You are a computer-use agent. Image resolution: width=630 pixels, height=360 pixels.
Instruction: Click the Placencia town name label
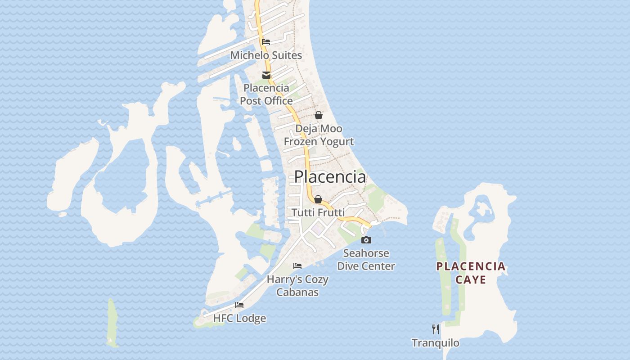coord(330,177)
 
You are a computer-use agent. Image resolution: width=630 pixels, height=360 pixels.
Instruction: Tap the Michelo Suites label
coord(266,55)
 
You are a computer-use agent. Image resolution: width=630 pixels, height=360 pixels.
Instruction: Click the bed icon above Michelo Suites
coord(266,42)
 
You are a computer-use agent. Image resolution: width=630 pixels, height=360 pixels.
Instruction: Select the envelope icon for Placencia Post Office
coord(266,75)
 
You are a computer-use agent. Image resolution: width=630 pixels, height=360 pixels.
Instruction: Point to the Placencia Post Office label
coord(266,94)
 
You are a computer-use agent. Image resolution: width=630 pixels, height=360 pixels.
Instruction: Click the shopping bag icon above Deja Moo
coord(319,115)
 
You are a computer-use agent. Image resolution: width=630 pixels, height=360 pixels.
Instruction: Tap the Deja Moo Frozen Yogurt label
coord(319,135)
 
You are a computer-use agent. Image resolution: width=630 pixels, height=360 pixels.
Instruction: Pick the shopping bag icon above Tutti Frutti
coord(318,199)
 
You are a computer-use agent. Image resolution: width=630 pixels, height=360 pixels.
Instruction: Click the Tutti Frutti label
coord(318,212)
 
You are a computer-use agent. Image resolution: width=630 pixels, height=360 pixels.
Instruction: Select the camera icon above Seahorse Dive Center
coord(366,240)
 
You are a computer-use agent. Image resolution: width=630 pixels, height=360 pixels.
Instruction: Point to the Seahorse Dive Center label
coord(366,260)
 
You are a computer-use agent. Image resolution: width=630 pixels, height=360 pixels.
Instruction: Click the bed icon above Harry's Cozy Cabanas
coord(297,266)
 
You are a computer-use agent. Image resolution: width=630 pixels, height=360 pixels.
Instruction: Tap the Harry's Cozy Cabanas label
coord(297,286)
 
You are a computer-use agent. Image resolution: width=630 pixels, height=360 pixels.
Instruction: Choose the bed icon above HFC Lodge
coord(239,305)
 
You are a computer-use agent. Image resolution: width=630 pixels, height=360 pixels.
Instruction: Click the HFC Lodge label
coord(239,319)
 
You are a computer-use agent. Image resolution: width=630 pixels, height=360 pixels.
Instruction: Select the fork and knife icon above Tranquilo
coord(436,329)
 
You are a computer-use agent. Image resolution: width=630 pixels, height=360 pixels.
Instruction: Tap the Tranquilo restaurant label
coord(436,343)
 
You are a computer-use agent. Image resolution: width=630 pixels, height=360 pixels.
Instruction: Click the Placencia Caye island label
coord(471,273)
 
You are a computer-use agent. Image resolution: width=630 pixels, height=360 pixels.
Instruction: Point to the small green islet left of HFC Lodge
coord(112,323)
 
